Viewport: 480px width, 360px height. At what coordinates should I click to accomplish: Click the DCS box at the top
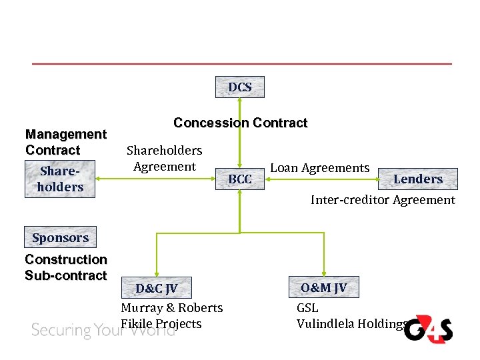tap(240, 87)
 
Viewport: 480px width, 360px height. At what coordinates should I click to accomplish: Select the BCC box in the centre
tap(240, 179)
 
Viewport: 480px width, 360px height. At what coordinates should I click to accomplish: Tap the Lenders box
tap(418, 179)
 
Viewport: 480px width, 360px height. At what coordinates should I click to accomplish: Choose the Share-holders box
tap(60, 179)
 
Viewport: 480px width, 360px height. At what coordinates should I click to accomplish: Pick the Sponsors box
tap(60, 238)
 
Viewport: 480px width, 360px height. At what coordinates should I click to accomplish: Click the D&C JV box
tap(157, 289)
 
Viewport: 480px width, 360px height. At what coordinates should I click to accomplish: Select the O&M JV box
tap(323, 287)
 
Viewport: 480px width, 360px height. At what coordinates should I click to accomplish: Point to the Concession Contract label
tap(240, 123)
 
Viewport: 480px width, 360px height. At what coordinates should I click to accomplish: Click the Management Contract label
tap(65, 143)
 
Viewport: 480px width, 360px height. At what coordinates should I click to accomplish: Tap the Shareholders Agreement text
tap(164, 159)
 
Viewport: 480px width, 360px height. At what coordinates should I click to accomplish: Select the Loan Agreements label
tap(319, 168)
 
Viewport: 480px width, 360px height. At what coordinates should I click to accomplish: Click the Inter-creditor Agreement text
tap(383, 200)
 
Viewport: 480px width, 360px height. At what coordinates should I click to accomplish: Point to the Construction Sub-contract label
tap(65, 267)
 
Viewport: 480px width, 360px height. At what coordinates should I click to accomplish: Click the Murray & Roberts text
tap(171, 308)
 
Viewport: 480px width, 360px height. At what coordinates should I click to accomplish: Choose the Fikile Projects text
tap(161, 324)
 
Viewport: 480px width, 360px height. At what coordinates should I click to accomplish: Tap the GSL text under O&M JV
tap(307, 308)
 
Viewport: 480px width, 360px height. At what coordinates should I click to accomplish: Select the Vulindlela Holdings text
tap(351, 324)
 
